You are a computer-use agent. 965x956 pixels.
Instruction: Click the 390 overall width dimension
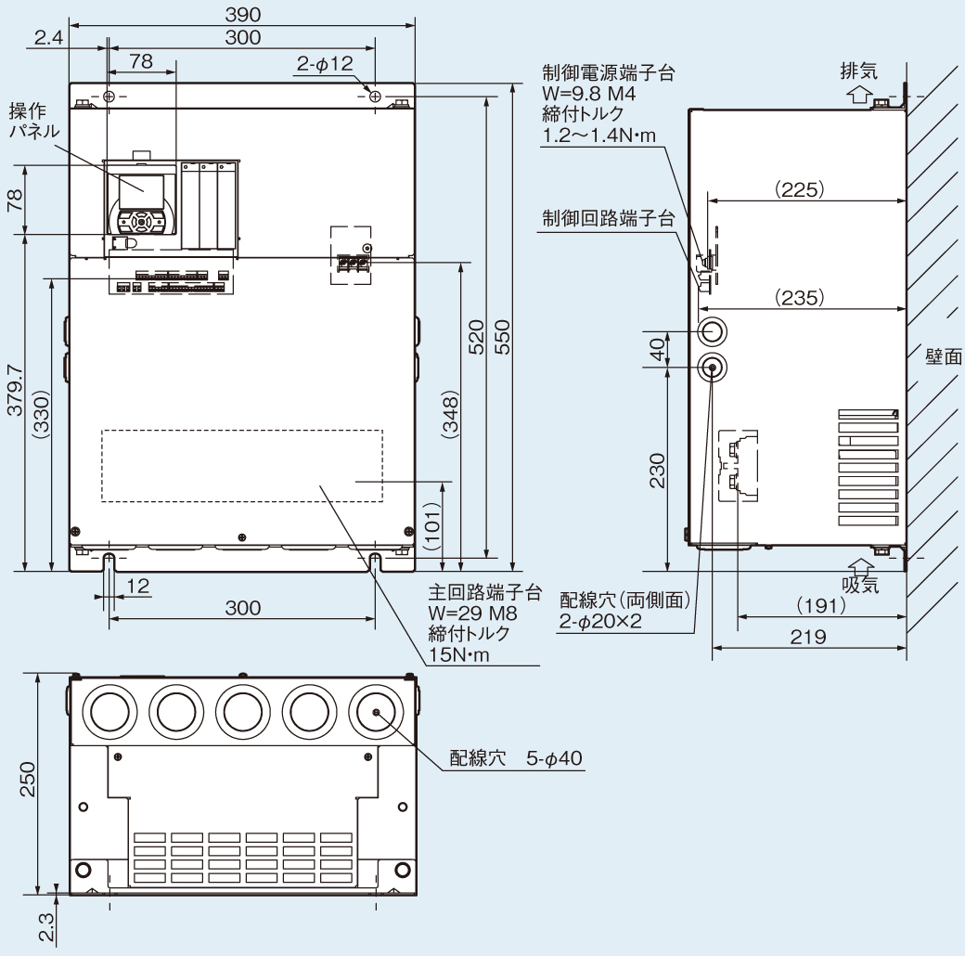tap(241, 15)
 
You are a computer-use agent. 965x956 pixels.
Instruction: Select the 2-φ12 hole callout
tap(324, 63)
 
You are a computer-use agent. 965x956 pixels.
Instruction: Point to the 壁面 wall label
tap(943, 357)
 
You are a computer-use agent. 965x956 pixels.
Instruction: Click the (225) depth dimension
tap(798, 189)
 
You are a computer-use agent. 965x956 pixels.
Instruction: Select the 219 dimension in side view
tap(808, 638)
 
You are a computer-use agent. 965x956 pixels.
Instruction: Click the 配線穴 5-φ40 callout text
tap(516, 758)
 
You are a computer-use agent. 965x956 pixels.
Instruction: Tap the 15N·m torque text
tap(459, 654)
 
